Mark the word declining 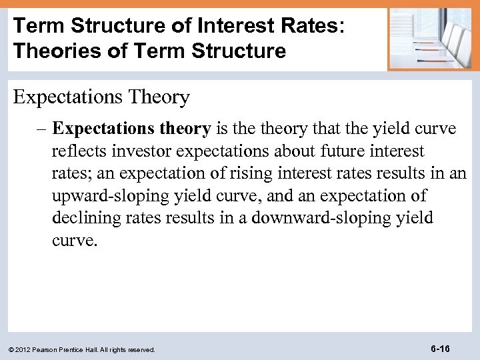[x=82, y=218]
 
